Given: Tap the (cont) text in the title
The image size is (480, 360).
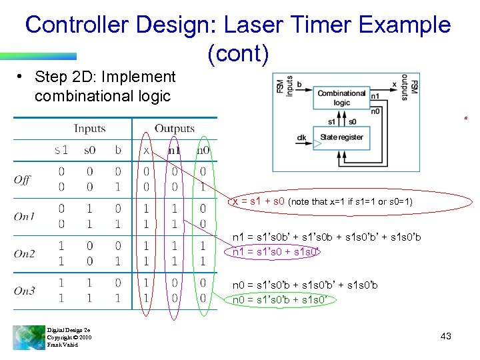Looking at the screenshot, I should [x=238, y=54].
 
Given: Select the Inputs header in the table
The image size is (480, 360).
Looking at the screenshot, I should [x=89, y=129].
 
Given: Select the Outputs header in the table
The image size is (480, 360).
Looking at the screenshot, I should [x=175, y=129].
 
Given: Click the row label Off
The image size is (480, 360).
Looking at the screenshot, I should [x=22, y=179].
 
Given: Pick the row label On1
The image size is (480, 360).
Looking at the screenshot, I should [x=24, y=217].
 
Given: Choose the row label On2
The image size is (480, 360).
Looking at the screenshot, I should [x=24, y=254].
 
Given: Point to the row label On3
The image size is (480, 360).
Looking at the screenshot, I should [x=24, y=291].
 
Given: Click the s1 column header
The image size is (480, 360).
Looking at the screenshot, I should [x=61, y=151].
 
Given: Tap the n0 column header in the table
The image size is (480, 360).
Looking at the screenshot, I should [x=203, y=151].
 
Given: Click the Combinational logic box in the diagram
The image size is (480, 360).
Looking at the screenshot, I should [x=341, y=98].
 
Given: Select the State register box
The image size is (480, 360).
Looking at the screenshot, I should [x=341, y=137].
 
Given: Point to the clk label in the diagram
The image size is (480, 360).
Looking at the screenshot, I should [x=301, y=138].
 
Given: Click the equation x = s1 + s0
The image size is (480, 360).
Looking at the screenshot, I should [x=259, y=201].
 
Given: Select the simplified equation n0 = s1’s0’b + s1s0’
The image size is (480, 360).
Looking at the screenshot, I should [x=281, y=299].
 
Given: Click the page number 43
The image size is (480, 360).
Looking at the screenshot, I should [x=445, y=336].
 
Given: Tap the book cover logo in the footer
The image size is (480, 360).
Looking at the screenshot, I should [x=28, y=337].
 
